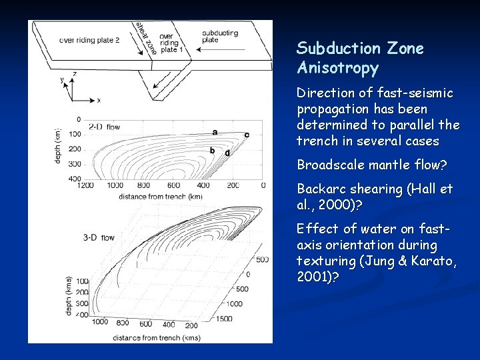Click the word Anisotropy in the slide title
337,68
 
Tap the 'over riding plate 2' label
89,40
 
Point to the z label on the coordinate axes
74,74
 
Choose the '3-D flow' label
99,237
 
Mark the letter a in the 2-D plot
214,132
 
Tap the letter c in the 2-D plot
247,135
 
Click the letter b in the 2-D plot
212,151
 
